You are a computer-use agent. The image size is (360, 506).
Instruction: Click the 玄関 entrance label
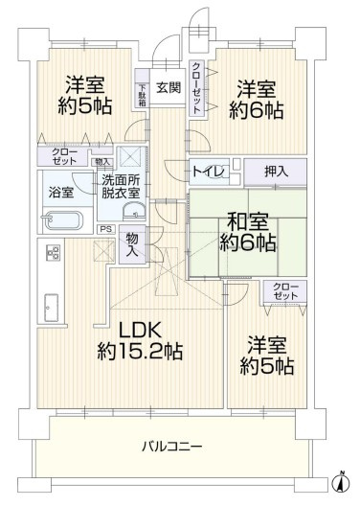tap(169, 87)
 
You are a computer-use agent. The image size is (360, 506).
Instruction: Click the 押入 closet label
tap(276, 171)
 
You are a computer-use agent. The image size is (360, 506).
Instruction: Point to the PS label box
tap(105, 229)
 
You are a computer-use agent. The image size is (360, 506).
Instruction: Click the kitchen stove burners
tap(53, 254)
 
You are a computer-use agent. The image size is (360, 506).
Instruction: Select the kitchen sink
tap(48, 309)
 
